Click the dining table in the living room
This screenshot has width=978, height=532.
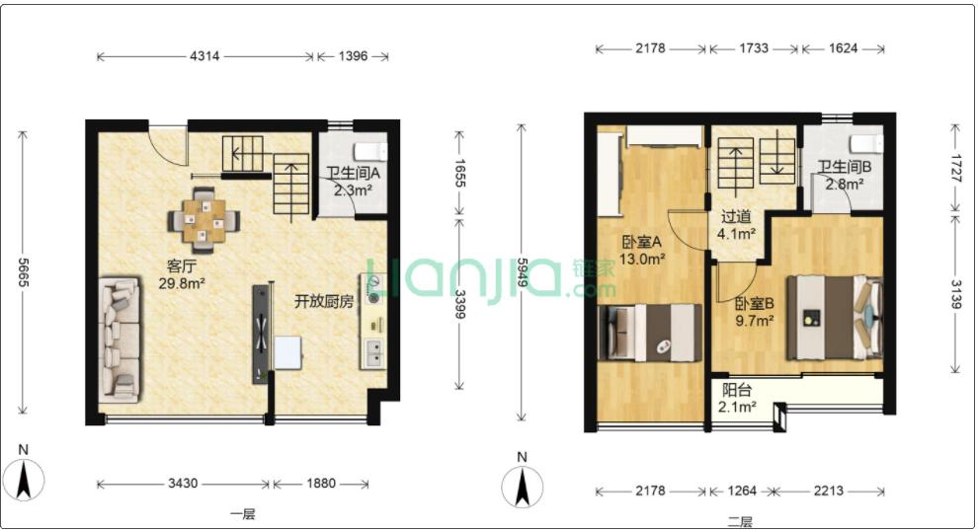(204, 220)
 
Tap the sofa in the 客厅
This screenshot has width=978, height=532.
(120, 340)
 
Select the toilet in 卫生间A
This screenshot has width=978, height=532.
(370, 152)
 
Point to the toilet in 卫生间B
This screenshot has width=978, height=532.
(866, 144)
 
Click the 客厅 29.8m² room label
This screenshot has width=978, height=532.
(182, 274)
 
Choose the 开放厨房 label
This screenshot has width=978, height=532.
(324, 301)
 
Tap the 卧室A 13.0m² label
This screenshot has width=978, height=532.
(641, 250)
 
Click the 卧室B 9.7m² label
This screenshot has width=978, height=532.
(754, 312)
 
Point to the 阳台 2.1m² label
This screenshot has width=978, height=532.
(737, 399)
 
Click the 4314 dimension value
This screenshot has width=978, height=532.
(204, 56)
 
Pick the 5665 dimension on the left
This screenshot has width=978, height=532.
(23, 272)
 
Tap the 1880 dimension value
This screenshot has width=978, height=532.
(321, 484)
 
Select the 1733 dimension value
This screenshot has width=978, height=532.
(754, 48)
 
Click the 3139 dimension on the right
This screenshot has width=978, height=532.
(955, 294)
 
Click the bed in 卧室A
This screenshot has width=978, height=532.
(649, 333)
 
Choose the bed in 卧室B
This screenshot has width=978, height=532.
(835, 318)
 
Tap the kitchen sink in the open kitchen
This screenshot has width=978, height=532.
(374, 353)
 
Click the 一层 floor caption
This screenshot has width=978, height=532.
(242, 514)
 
